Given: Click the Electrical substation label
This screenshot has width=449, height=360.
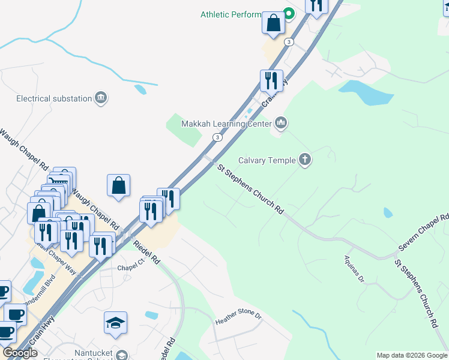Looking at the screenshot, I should coord(54,98).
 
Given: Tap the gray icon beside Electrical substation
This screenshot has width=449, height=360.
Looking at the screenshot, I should coord(101,98).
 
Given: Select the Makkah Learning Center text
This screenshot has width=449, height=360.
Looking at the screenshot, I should coord(228,124).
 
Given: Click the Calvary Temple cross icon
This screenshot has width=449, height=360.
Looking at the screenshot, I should coord(305,160).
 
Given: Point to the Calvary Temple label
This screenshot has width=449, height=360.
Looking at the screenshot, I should coord(267,160).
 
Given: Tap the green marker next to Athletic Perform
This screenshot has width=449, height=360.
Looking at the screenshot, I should coord(288,13).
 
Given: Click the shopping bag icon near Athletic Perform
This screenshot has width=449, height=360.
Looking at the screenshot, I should coord(273,23).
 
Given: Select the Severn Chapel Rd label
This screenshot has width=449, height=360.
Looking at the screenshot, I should coord(424,233).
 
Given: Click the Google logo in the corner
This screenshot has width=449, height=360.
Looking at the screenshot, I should coord(20,353).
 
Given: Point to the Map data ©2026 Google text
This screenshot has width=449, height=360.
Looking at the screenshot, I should coord(412,355).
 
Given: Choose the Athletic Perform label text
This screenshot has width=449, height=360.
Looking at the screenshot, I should coord(231,14).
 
